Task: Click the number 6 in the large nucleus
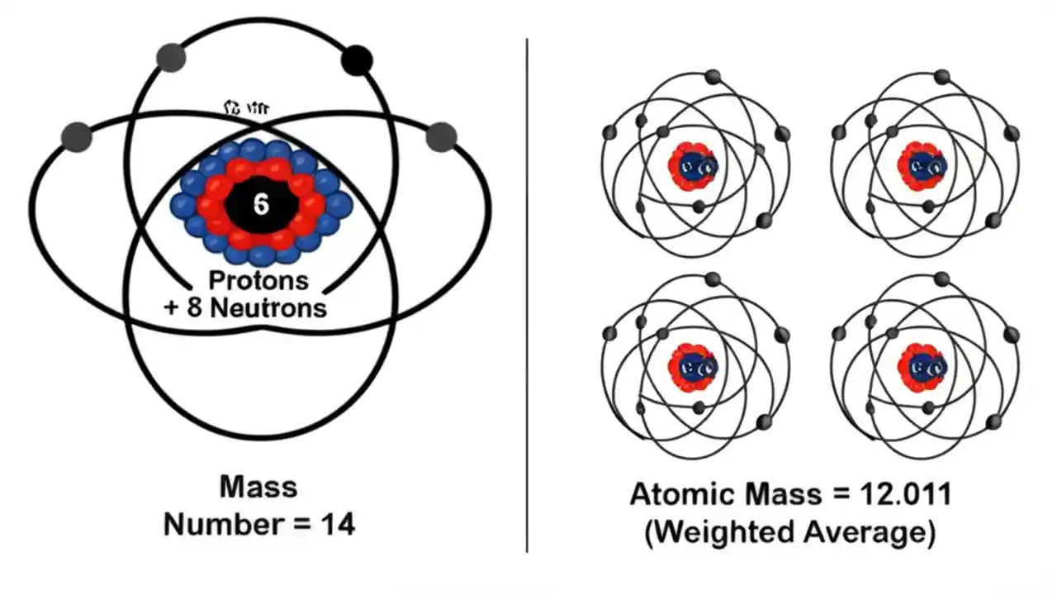261,204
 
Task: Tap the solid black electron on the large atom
357,59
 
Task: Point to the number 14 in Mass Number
338,524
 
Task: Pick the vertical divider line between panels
527,297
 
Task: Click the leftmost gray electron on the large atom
76,136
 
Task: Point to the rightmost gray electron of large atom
441,136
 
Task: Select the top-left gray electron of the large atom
171,57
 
